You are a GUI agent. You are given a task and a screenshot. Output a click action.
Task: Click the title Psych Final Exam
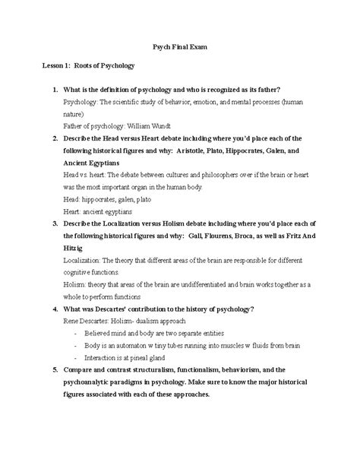coord(179,48)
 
